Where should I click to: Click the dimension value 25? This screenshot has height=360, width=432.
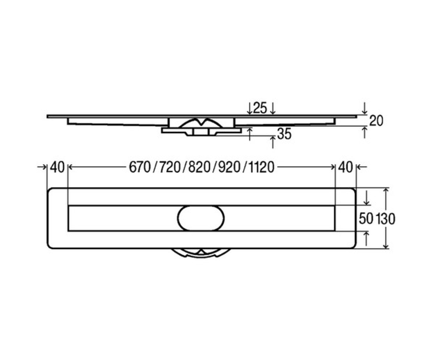coord(260,108)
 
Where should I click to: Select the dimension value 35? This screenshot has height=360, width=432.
coord(284,134)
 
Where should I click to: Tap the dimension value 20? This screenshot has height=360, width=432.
coord(376,121)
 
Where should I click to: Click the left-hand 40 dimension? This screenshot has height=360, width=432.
coord(57,167)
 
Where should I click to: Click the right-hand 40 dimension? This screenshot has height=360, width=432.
coord(345,167)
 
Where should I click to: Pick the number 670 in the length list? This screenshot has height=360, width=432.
coord(140,167)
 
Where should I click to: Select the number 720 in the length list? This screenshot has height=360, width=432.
coord(170,167)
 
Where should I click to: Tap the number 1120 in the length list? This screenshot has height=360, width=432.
coord(261,167)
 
